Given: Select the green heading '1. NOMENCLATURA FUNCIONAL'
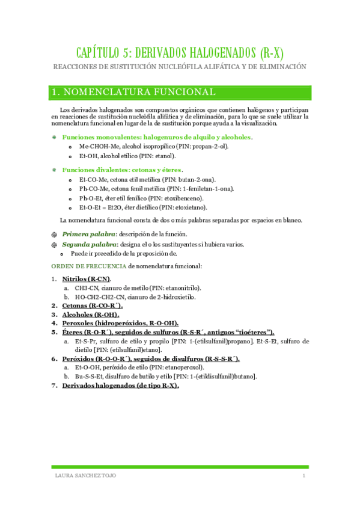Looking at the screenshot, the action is (134, 92).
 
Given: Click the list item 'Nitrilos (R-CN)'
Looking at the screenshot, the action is (86, 279).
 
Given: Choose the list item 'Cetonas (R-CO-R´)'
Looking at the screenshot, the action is (92, 306).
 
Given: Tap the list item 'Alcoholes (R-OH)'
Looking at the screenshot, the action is (91, 315).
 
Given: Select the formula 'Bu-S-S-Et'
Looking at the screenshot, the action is (90, 376).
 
